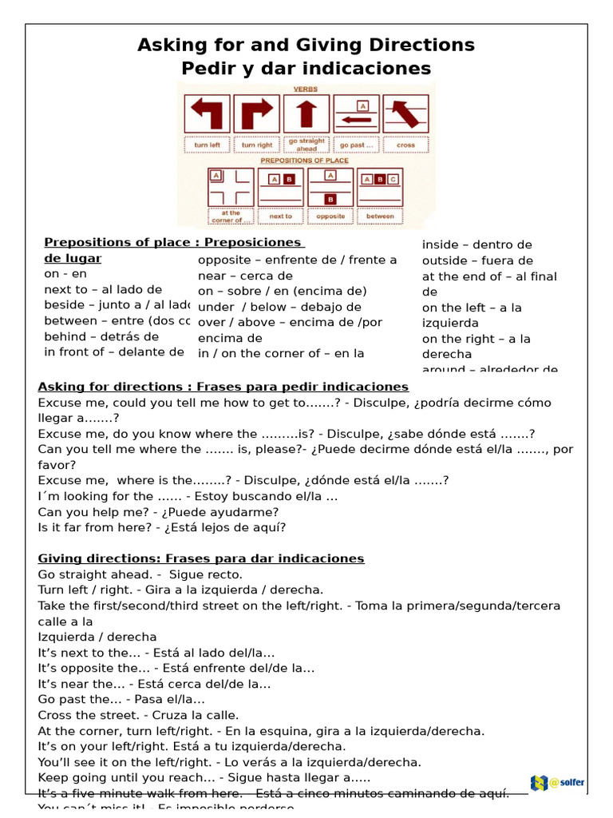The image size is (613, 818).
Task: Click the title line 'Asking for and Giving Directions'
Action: click(306, 45)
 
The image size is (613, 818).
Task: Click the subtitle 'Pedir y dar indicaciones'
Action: click(306, 69)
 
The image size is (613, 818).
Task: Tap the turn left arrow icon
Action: click(208, 113)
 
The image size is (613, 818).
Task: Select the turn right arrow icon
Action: click(256, 113)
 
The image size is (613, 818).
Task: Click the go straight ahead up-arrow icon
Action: click(306, 113)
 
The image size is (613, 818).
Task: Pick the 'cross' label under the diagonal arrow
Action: click(405, 145)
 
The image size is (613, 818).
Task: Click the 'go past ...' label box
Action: click(356, 145)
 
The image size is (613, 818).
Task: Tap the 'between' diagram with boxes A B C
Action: click(380, 187)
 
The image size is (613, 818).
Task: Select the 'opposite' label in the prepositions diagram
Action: click(330, 216)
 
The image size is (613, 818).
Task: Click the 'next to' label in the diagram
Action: click(281, 216)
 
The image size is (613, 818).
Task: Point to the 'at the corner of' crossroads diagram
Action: click(231, 187)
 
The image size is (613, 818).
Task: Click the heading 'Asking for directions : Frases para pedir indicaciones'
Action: click(223, 387)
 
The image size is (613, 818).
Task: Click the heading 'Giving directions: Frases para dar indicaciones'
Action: click(200, 558)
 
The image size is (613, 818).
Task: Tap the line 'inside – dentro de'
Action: click(477, 244)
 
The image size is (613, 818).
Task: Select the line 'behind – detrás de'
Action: click(101, 336)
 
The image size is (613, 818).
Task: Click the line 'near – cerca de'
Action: click(245, 276)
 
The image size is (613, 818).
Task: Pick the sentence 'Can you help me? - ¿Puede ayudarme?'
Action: click(158, 512)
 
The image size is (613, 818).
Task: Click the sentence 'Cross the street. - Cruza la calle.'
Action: click(138, 715)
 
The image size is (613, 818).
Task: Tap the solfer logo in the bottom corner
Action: click(556, 783)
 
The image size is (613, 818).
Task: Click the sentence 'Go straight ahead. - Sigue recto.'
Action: click(140, 574)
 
